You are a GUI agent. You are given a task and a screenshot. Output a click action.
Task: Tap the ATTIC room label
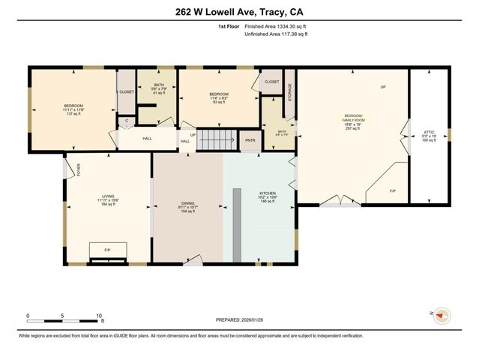(428, 133)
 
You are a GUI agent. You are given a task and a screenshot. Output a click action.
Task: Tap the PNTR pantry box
(250, 140)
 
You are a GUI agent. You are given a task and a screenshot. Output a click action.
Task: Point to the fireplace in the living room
(107, 251)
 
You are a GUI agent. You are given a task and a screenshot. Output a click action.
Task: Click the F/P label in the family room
(393, 190)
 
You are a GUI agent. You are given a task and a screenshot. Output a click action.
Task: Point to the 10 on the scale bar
(99, 316)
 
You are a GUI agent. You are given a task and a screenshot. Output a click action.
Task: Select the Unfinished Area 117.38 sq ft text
(278, 34)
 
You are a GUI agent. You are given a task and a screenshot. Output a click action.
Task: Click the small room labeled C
(126, 120)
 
